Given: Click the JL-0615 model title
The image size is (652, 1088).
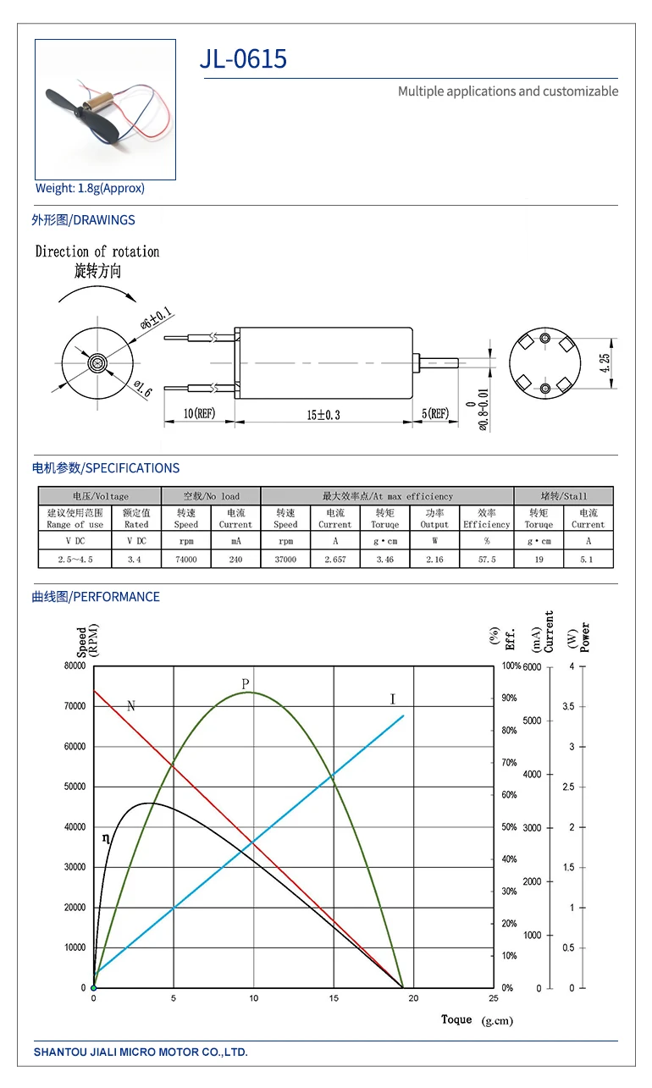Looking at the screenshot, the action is (x=243, y=58).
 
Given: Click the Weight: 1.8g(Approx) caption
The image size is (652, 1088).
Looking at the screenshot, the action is (x=90, y=188).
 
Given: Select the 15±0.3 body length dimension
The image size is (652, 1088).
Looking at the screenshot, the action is (x=323, y=415).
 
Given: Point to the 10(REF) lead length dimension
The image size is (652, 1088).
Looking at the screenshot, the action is (x=199, y=413).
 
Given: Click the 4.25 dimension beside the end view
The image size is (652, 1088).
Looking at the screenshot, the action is (x=605, y=362).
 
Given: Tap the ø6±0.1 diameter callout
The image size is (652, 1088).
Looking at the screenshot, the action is (x=156, y=318).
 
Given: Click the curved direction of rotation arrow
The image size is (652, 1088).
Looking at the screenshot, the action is (x=97, y=292).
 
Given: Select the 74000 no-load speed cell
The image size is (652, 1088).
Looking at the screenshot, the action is (x=186, y=559).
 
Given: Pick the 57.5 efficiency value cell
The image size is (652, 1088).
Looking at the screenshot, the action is (x=487, y=559).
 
